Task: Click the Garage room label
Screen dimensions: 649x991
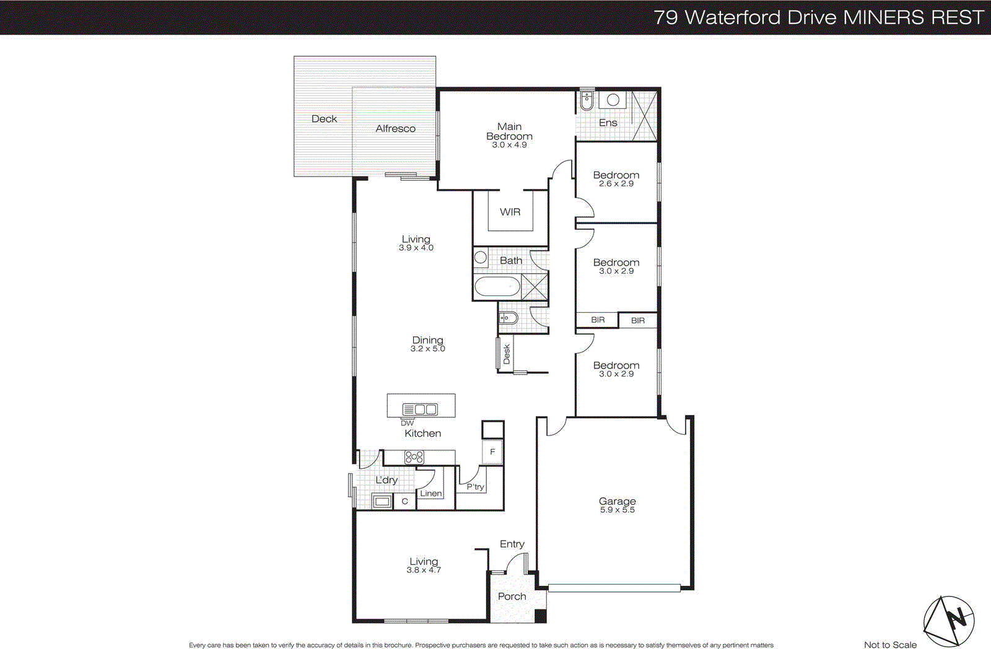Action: pyautogui.click(x=617, y=501)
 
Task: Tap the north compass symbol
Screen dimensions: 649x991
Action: pyautogui.click(x=949, y=620)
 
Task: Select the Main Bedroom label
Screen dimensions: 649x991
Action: pyautogui.click(x=509, y=131)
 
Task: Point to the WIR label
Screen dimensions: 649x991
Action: pyautogui.click(x=510, y=212)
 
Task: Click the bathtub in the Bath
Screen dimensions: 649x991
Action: pyautogui.click(x=497, y=287)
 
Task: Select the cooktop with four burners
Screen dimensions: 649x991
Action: pyautogui.click(x=414, y=458)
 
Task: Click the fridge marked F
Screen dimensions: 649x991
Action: pyautogui.click(x=492, y=452)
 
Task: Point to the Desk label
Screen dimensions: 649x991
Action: pyautogui.click(x=507, y=354)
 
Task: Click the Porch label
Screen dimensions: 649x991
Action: pyautogui.click(x=512, y=596)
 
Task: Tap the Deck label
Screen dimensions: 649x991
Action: pyautogui.click(x=324, y=119)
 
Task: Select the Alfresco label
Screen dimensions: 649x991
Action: pyautogui.click(x=395, y=129)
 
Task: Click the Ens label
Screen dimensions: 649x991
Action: pyautogui.click(x=608, y=123)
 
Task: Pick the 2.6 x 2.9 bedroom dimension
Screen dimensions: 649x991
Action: pyautogui.click(x=616, y=184)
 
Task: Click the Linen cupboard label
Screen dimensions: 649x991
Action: pyautogui.click(x=430, y=494)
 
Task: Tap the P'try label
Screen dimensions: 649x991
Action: pyautogui.click(x=475, y=487)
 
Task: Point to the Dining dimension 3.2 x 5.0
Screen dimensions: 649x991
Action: pyautogui.click(x=427, y=349)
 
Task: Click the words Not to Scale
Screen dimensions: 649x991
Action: pyautogui.click(x=890, y=645)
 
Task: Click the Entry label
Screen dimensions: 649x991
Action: pyautogui.click(x=512, y=544)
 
